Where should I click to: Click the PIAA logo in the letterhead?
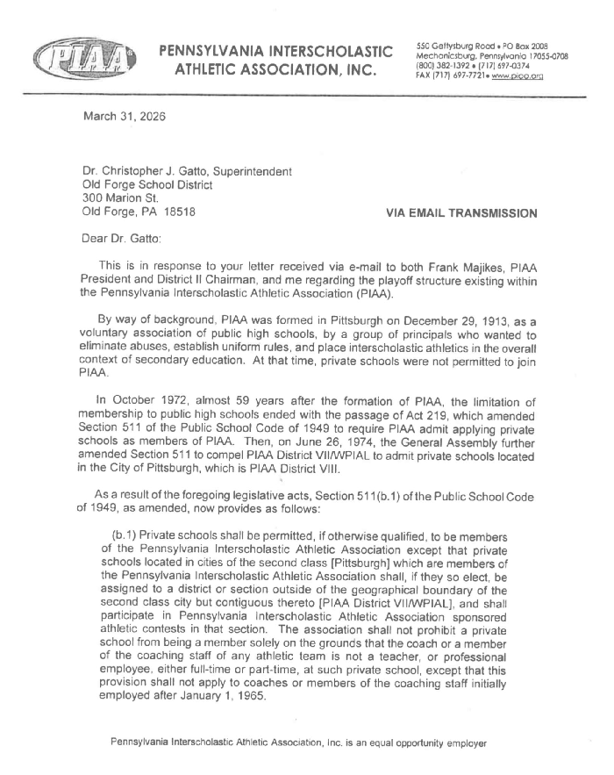point(83,60)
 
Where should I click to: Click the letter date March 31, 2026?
point(124,116)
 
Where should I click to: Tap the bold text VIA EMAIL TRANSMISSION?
point(460,212)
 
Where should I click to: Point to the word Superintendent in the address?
point(246,172)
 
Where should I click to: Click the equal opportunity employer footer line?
point(297,743)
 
